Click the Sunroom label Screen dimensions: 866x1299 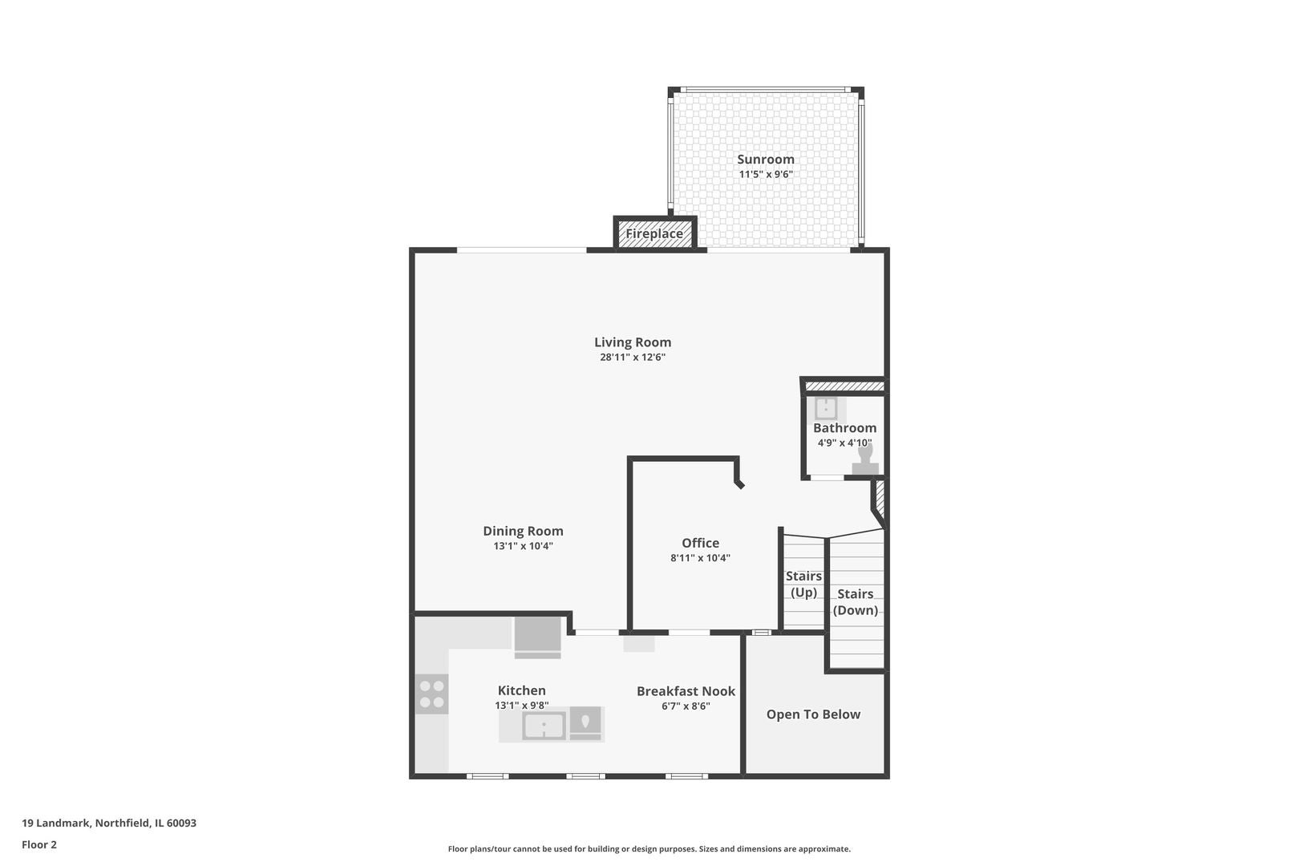(765, 160)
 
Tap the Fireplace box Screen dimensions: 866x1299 (654, 233)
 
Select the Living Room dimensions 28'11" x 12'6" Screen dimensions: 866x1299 (633, 358)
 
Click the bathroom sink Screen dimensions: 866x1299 (826, 409)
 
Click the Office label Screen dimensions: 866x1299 (700, 543)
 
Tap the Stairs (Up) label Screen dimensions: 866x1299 (803, 584)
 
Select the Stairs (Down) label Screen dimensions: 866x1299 (855, 601)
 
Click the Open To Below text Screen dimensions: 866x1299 (813, 714)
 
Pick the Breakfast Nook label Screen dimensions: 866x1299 (686, 691)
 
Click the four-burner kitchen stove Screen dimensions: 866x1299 (431, 694)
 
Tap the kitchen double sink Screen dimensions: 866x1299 (544, 726)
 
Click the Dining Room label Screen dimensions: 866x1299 (523, 531)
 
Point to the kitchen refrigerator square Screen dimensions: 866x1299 (537, 635)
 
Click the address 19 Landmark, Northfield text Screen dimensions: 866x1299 (109, 823)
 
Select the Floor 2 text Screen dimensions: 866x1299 (39, 844)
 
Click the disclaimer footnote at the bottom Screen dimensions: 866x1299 (649, 848)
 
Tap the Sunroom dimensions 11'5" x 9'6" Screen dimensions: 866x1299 (765, 174)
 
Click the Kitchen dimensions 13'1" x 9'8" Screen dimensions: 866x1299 (521, 706)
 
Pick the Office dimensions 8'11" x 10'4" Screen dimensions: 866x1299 (700, 558)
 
